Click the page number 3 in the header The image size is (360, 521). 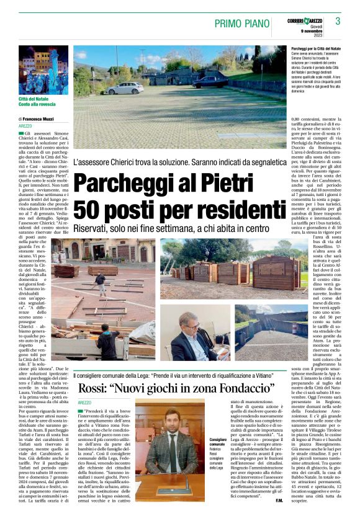click(x=338, y=21)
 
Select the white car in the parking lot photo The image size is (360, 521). click(x=124, y=88)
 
